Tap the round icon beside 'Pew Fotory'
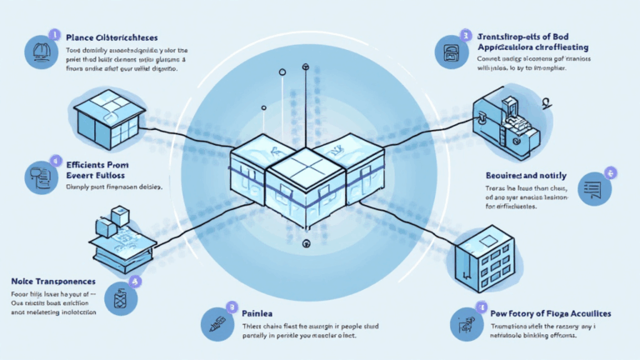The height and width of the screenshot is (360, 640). pyautogui.click(x=464, y=324)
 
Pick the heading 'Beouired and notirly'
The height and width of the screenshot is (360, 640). pyautogui.click(x=525, y=176)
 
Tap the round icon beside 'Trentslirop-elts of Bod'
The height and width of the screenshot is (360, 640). pyautogui.click(x=451, y=50)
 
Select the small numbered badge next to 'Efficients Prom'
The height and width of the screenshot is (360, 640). pyautogui.click(x=56, y=159)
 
